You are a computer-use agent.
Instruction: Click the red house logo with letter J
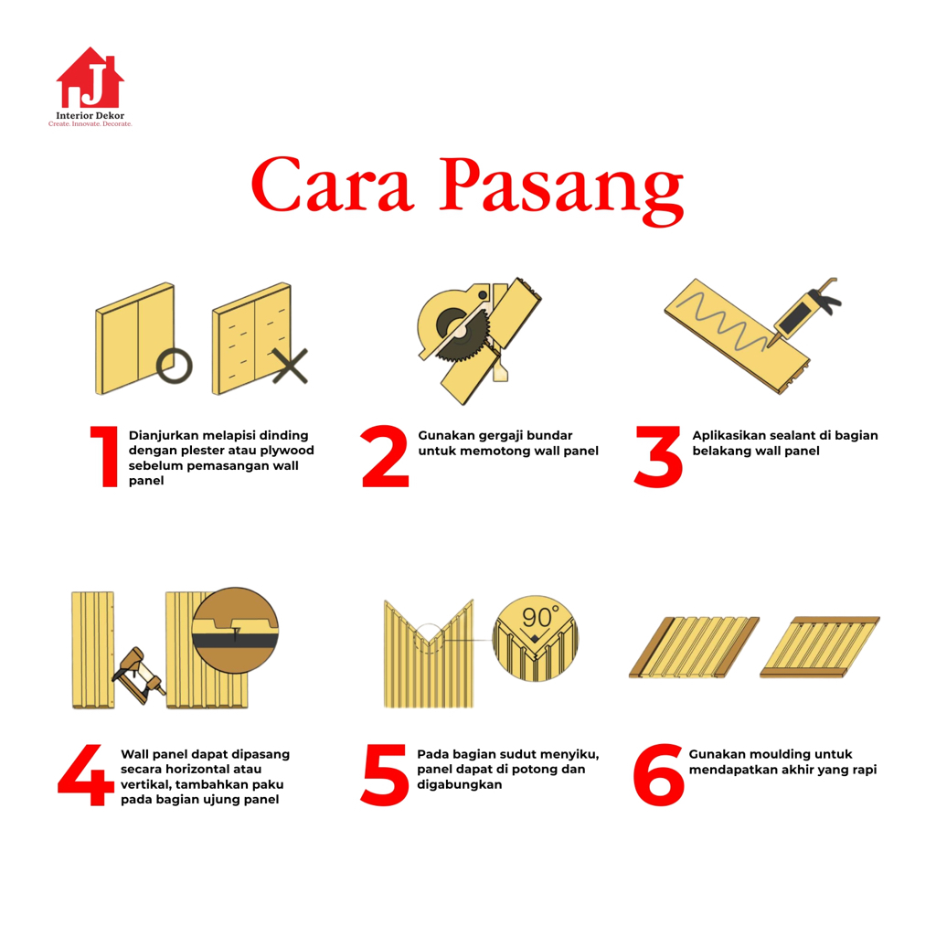[90, 78]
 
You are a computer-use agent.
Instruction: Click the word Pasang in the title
[561, 190]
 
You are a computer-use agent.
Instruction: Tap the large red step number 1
[105, 457]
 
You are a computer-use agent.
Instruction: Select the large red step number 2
[385, 457]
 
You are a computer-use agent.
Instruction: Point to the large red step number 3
[658, 457]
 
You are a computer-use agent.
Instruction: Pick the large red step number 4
[86, 775]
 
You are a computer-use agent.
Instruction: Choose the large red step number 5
[385, 775]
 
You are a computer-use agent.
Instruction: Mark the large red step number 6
[658, 775]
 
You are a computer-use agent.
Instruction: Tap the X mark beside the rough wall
[290, 366]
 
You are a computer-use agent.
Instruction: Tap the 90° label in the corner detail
[539, 617]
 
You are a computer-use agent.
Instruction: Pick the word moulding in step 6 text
[777, 754]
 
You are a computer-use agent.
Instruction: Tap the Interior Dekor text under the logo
[90, 115]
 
